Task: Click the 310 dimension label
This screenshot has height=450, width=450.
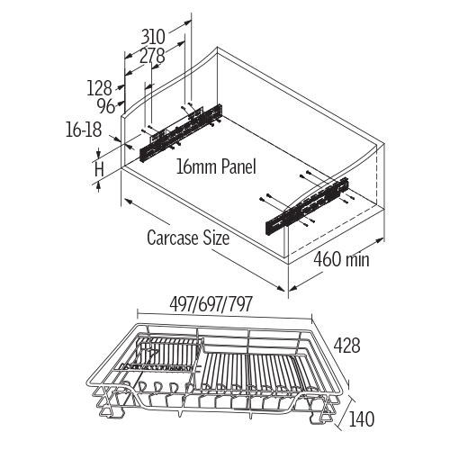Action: [x=153, y=37]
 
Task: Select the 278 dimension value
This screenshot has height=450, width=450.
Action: [x=153, y=56]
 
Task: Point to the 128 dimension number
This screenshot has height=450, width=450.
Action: [x=99, y=88]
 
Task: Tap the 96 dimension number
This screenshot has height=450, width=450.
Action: [x=106, y=106]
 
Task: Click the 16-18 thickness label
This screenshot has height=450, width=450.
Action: [x=84, y=130]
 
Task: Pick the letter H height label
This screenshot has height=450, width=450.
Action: [x=99, y=169]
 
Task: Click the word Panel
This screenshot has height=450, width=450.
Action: [x=238, y=166]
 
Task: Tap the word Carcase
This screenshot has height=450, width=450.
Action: [x=173, y=238]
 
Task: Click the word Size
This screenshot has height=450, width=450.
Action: [x=216, y=238]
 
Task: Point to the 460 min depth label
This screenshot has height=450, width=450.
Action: [x=341, y=258]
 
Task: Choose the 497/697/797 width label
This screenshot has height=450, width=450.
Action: [x=211, y=304]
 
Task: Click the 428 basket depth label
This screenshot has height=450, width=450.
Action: [x=347, y=346]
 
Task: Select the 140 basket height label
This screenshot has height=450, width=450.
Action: [x=361, y=419]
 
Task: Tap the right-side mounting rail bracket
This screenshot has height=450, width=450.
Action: [x=307, y=205]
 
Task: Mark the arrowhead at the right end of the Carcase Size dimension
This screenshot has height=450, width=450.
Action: [x=281, y=288]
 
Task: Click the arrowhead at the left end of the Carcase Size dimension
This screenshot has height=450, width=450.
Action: [x=127, y=201]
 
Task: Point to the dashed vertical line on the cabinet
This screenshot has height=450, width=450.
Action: [x=376, y=176]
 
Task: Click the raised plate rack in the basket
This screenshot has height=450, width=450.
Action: [x=162, y=353]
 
